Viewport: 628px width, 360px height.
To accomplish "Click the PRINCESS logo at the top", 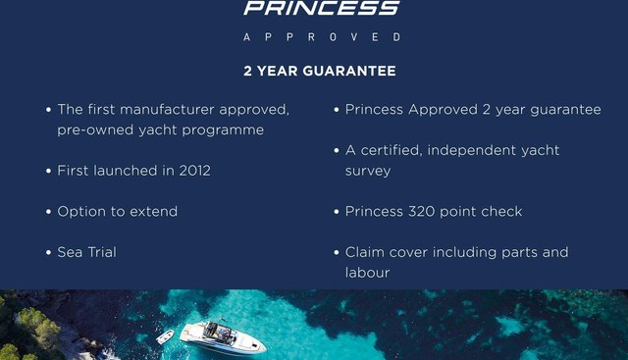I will click(321, 9).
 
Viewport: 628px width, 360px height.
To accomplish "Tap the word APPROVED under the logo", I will click(321, 37).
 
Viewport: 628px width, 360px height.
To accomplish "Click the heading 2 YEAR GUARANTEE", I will click(320, 72).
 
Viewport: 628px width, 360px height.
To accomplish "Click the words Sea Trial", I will click(86, 253).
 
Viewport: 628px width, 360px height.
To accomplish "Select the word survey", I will click(368, 171).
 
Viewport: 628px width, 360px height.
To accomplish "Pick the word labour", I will click(367, 273).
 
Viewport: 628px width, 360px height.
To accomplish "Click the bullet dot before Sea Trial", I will click(48, 253).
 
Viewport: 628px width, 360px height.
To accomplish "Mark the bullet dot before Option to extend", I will click(48, 212).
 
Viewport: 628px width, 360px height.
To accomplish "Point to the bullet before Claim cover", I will click(337, 253).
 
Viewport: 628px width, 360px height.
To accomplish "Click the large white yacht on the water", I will click(223, 336).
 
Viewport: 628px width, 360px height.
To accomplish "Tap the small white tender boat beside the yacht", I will click(165, 336).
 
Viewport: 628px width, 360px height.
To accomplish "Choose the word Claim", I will click(366, 253).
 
